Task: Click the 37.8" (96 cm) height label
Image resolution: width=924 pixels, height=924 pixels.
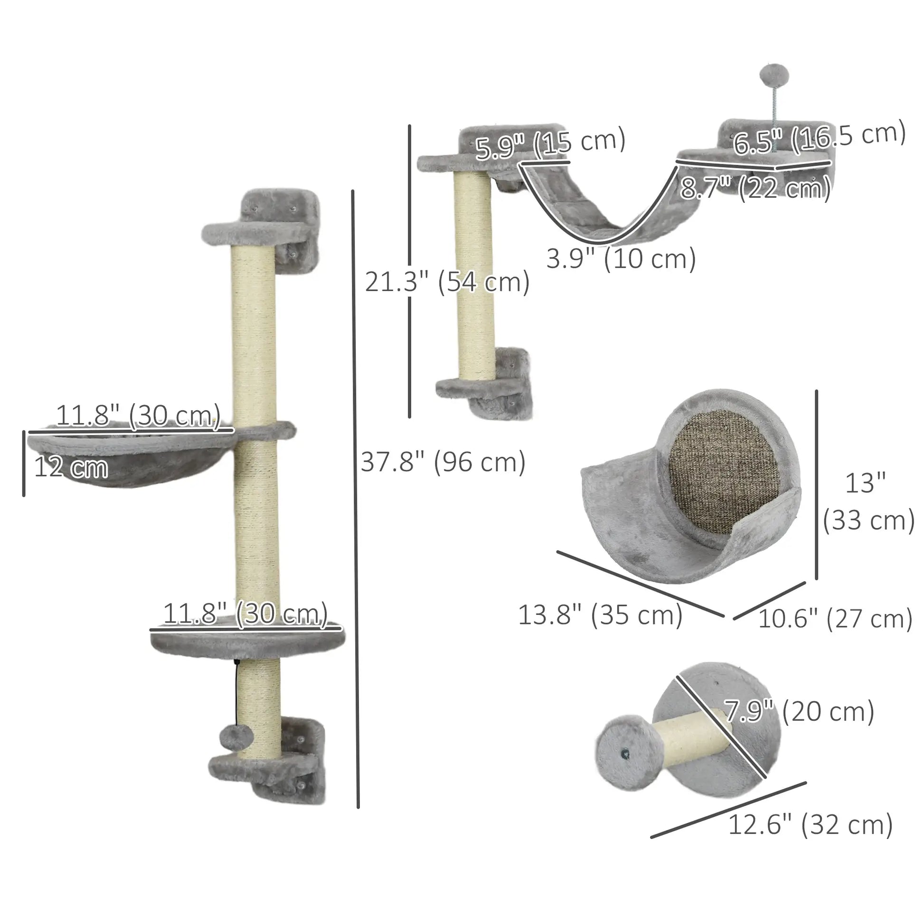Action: [443, 462]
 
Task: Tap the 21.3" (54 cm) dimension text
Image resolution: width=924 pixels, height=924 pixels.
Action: [447, 282]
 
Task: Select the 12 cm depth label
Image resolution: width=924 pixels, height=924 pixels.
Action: [71, 467]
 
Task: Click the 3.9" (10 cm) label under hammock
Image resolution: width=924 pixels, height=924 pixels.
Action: [621, 260]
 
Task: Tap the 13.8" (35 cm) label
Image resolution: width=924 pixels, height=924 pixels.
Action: [600, 615]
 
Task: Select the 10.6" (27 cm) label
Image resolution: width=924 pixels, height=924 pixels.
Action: [835, 619]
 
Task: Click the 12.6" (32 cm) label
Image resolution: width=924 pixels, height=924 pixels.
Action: [810, 825]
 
